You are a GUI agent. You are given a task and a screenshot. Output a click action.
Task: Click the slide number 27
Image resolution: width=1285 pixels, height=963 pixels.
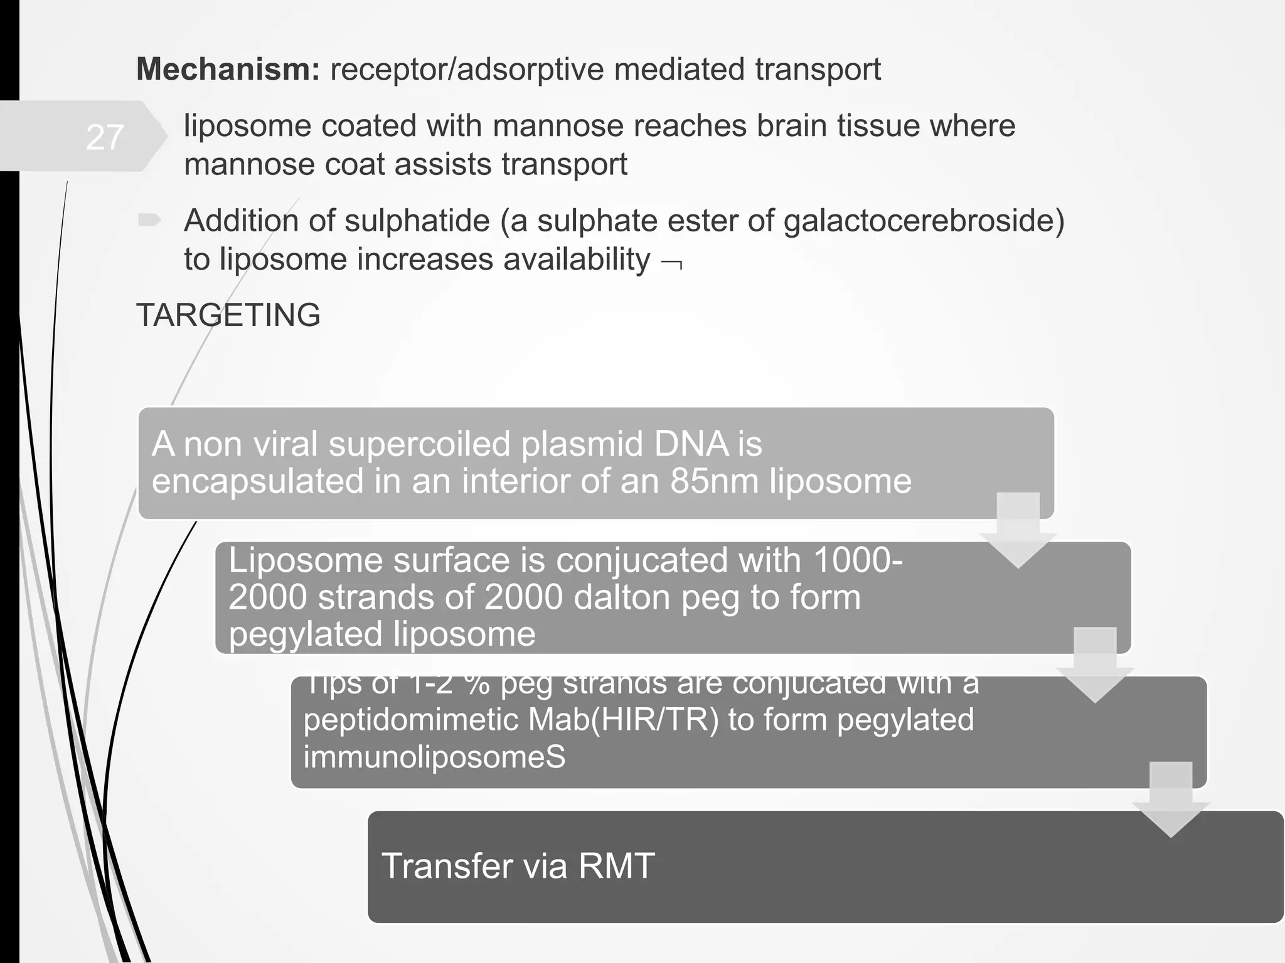[105, 137]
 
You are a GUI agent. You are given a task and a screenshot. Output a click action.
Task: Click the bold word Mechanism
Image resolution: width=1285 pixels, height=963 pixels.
[228, 69]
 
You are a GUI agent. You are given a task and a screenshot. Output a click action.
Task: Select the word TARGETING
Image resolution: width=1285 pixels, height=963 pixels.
[228, 315]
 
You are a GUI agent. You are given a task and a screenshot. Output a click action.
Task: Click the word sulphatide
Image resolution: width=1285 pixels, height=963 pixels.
[417, 221]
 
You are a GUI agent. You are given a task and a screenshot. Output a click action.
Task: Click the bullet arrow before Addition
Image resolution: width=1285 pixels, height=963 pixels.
[149, 220]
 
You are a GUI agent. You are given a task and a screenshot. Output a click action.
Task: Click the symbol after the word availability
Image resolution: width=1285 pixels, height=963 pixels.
[672, 262]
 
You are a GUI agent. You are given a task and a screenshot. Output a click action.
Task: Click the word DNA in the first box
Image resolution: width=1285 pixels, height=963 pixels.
[691, 444]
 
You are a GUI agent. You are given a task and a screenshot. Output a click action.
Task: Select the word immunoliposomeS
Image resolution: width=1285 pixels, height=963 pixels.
[434, 757]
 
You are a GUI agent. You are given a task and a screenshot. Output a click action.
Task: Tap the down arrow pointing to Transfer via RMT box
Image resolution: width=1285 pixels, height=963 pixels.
[1170, 800]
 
